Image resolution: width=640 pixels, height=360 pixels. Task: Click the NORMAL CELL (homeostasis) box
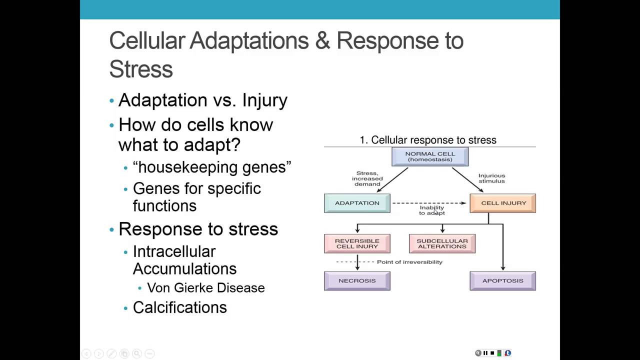[429, 156]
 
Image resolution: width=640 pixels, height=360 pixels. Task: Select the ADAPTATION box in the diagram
[357, 203]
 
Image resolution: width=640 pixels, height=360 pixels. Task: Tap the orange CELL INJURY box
[503, 203]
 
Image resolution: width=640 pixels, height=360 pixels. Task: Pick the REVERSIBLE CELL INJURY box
[357, 243]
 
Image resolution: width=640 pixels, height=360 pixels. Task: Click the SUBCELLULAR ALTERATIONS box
[442, 243]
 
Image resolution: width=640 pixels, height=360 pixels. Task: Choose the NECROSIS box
[357, 280]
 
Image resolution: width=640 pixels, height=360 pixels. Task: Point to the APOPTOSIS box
[502, 280]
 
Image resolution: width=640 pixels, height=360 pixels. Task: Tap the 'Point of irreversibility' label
[409, 262]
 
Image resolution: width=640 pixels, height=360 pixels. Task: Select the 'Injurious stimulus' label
[491, 178]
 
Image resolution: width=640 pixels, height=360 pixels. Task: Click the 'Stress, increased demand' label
[367, 178]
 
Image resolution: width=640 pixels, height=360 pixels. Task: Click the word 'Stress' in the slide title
[141, 69]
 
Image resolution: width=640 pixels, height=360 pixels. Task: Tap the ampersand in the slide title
[322, 40]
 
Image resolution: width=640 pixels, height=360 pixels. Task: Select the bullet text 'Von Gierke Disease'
[205, 288]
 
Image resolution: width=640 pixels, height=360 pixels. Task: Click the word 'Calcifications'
[179, 307]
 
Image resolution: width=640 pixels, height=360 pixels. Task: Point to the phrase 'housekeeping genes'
[212, 167]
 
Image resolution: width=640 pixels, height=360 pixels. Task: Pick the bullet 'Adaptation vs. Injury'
[202, 100]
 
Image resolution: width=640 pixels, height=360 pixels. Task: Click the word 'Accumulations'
[184, 268]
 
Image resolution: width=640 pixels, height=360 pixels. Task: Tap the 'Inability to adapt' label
[431, 210]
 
